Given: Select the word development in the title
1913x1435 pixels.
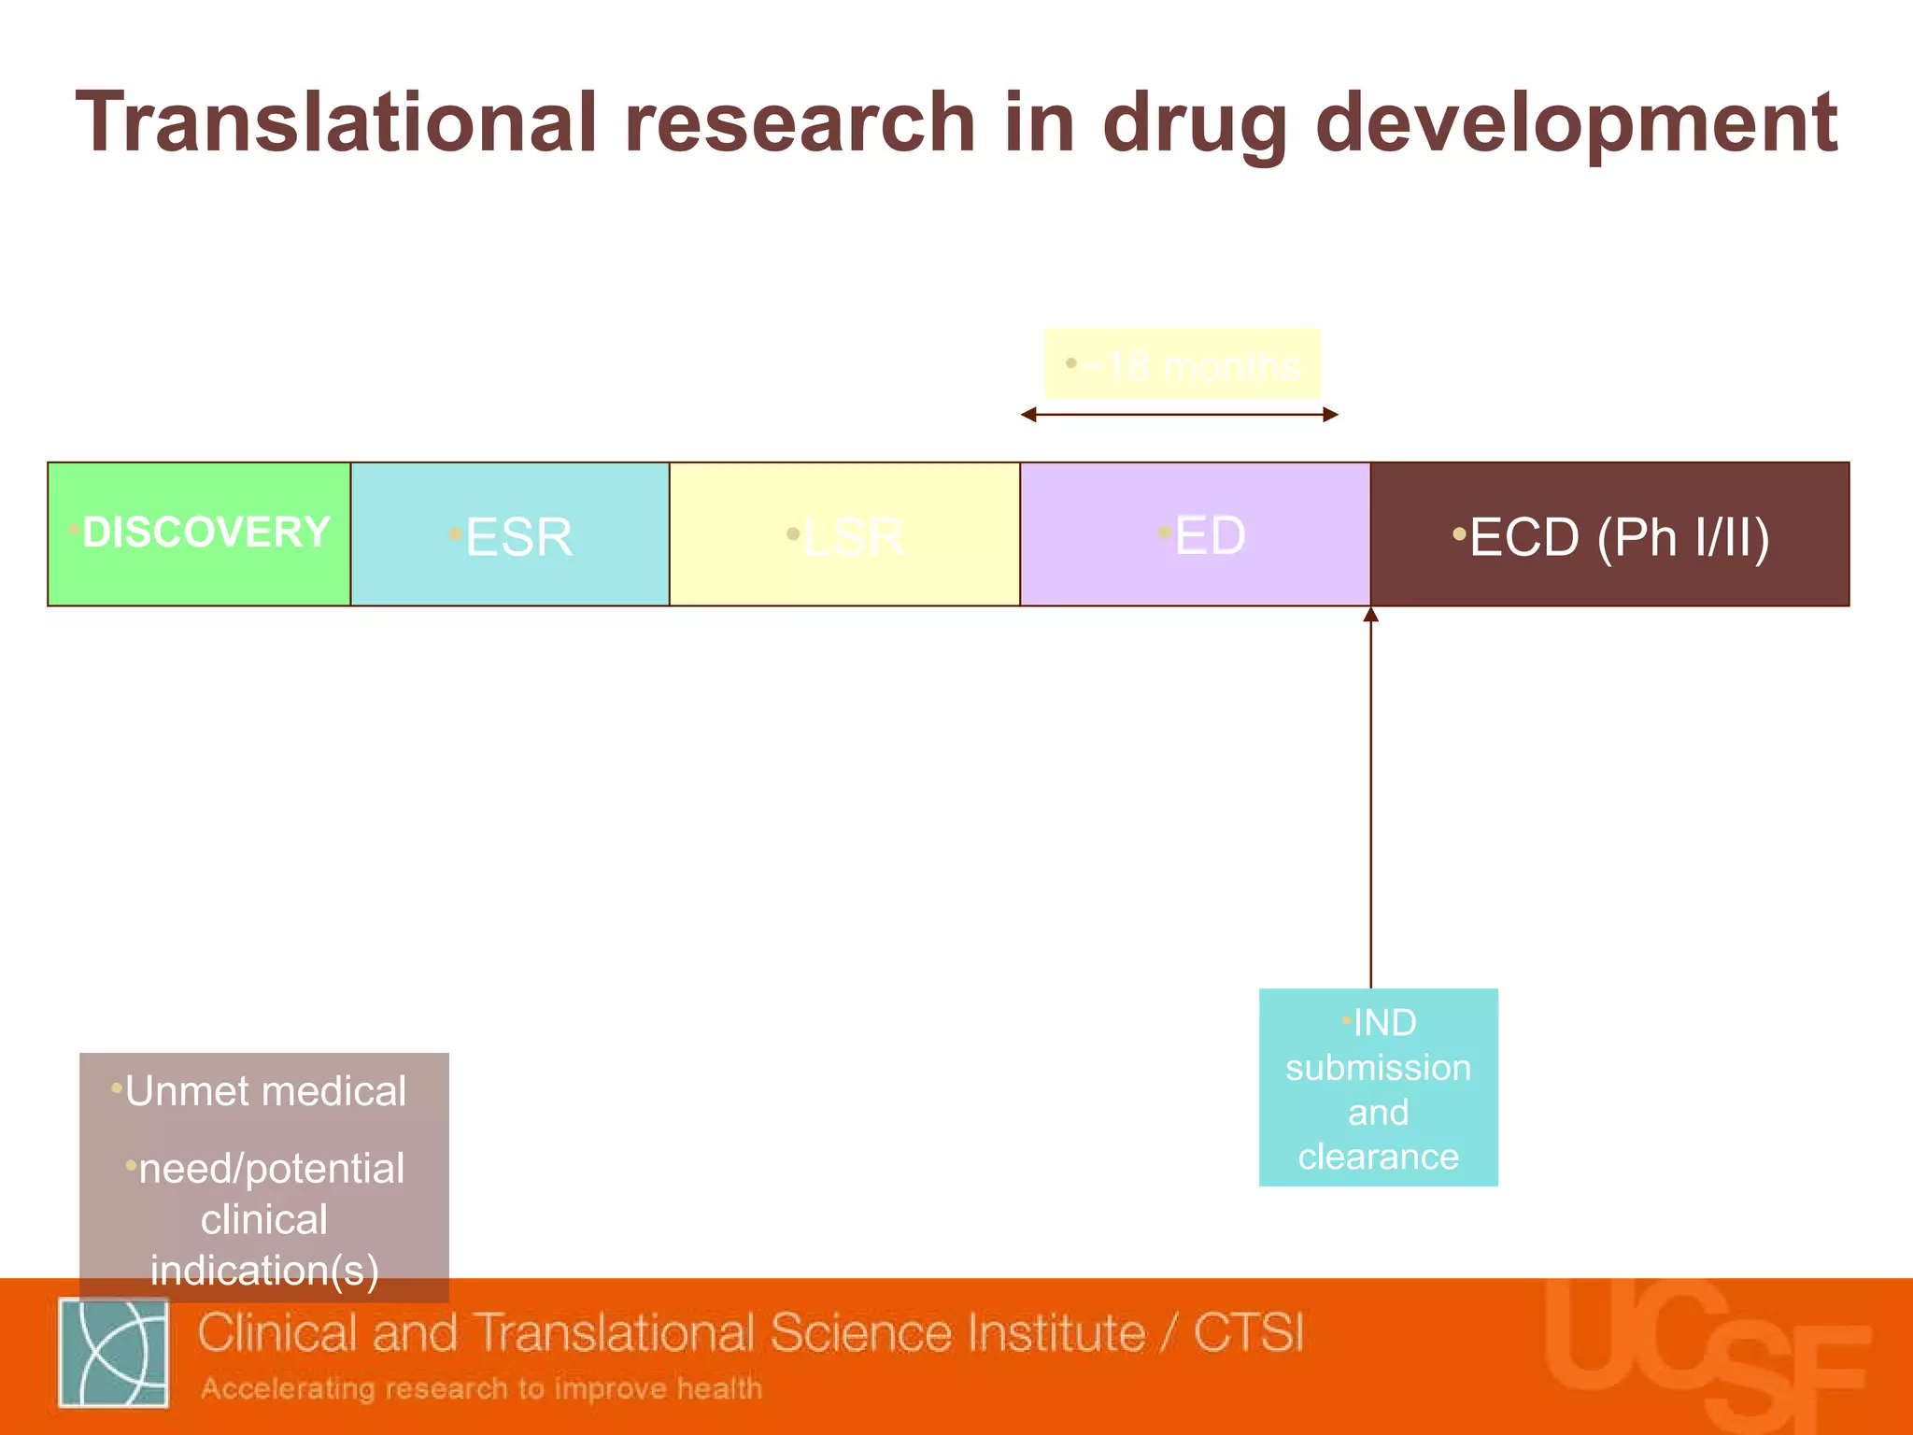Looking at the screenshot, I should pyautogui.click(x=1576, y=123).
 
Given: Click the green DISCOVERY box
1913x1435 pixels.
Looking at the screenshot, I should pyautogui.click(x=199, y=533).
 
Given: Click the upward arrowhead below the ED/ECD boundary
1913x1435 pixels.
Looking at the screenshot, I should pyautogui.click(x=1370, y=615).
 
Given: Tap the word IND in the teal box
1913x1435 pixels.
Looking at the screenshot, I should pyautogui.click(x=1384, y=1023).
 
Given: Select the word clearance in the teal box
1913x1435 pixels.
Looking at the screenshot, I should pyautogui.click(x=1378, y=1157).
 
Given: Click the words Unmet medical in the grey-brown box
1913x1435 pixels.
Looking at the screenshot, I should pyautogui.click(x=265, y=1091).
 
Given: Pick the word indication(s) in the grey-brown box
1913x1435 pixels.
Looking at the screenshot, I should pyautogui.click(x=264, y=1271).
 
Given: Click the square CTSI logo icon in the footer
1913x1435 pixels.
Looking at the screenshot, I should pyautogui.click(x=113, y=1351).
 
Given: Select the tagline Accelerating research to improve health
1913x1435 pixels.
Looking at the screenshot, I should pyautogui.click(x=481, y=1388).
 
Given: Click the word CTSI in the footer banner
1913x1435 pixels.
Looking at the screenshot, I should pyautogui.click(x=1249, y=1332).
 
